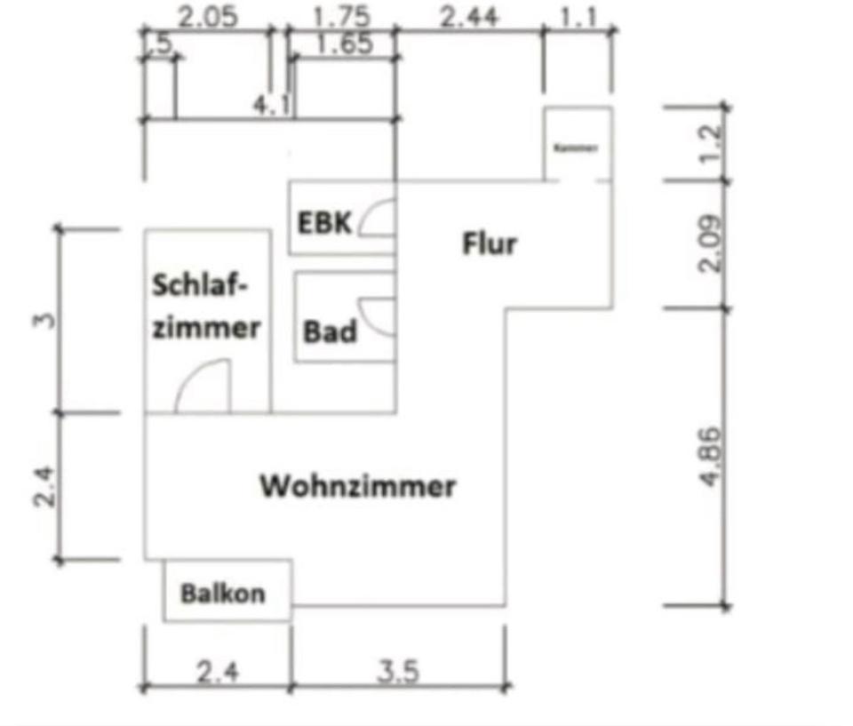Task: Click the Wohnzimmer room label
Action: (x=357, y=487)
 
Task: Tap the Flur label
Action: (x=489, y=243)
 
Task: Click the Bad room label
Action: (x=330, y=332)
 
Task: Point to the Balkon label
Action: (x=223, y=594)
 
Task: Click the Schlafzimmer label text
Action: (x=206, y=307)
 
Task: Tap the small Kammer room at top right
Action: (x=577, y=146)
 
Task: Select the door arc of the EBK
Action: (x=377, y=218)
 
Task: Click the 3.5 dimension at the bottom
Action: (x=397, y=670)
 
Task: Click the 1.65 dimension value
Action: (x=344, y=44)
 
